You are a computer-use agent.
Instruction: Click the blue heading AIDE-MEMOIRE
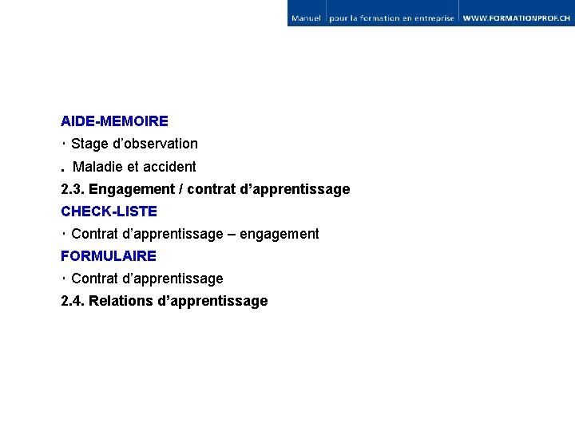(114, 121)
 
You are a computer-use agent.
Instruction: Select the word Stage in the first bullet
(89, 144)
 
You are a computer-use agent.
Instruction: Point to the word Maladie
(97, 167)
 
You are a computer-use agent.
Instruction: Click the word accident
(169, 167)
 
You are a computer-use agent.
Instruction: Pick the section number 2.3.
(73, 189)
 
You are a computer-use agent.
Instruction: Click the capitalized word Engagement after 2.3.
(131, 190)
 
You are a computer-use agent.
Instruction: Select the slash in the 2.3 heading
(180, 189)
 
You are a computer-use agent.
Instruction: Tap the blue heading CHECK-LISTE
(109, 212)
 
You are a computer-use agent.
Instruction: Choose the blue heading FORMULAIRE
(109, 256)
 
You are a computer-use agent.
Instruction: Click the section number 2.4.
(73, 301)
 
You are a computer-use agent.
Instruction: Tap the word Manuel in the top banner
(307, 18)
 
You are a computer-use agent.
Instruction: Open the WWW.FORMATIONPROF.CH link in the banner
(517, 18)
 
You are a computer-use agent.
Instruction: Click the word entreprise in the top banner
(432, 18)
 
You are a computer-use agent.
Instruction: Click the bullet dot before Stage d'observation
(62, 144)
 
